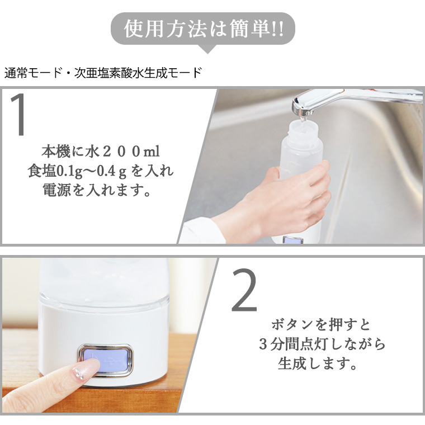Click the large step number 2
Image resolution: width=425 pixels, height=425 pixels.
coord(244,290)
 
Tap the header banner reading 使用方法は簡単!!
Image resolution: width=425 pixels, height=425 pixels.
coord(203,29)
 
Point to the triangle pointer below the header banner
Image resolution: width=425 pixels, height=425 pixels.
coord(207,49)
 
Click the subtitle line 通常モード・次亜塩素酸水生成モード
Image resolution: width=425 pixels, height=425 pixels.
coord(103,73)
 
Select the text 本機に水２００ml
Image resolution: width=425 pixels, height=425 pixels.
coord(101,151)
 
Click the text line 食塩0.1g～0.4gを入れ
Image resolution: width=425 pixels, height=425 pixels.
coord(101,171)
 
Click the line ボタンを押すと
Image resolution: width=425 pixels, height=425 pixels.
coord(320,324)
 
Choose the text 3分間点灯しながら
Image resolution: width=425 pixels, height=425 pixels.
coord(322,344)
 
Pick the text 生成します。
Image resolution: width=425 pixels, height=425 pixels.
coord(318,363)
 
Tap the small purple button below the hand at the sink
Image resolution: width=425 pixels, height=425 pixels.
coord(293,240)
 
